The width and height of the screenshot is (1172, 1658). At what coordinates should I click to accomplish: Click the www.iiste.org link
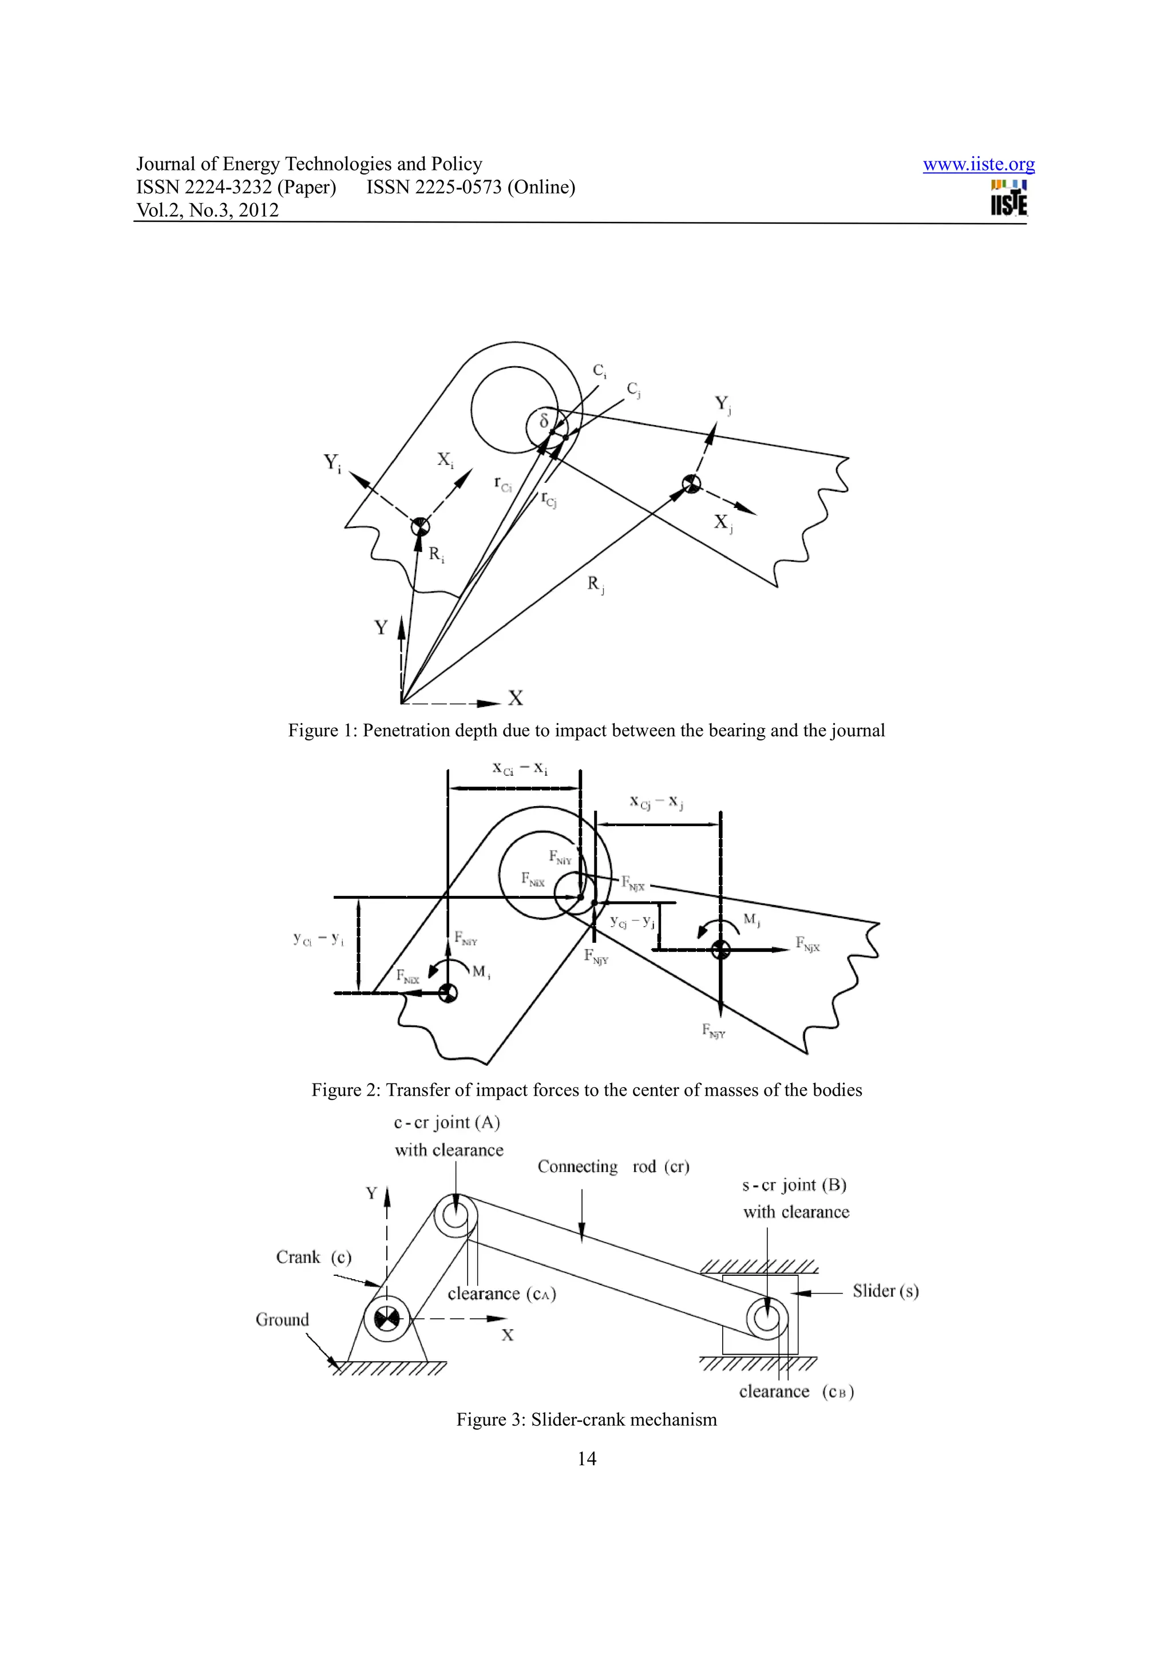tap(978, 165)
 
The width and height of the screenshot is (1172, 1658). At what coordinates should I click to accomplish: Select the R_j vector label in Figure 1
tap(595, 584)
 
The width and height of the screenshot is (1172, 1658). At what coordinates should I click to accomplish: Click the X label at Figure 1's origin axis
tap(515, 697)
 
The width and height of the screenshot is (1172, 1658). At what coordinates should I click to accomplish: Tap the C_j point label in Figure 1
tap(633, 390)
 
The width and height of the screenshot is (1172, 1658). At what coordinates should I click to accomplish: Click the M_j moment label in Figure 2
tap(752, 919)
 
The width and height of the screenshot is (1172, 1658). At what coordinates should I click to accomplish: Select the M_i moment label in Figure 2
tap(481, 972)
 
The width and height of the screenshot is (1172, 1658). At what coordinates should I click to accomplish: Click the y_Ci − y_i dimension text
tap(318, 939)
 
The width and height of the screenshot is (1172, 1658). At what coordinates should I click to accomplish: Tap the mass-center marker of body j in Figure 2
tap(720, 950)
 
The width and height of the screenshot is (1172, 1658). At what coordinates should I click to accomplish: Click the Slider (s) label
tap(885, 1291)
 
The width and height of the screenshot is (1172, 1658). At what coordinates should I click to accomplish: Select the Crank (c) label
tap(314, 1257)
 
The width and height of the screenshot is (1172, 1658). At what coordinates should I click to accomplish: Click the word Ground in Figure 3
tap(282, 1319)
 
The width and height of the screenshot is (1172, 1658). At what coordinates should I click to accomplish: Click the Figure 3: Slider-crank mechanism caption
tap(587, 1419)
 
